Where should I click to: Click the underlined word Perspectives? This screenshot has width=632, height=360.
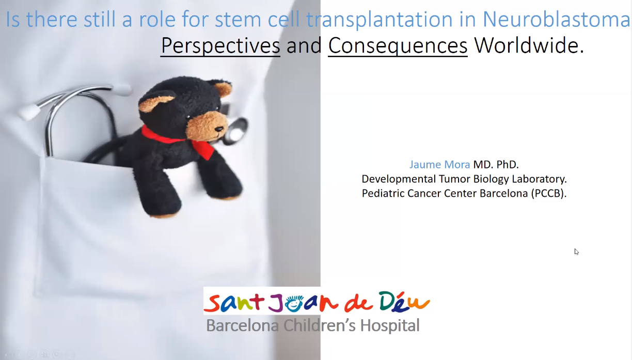pyautogui.click(x=220, y=45)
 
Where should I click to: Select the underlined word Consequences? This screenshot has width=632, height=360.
pyautogui.click(x=398, y=45)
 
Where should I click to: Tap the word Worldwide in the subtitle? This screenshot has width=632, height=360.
pyautogui.click(x=526, y=45)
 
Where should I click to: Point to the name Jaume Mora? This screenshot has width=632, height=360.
pyautogui.click(x=439, y=164)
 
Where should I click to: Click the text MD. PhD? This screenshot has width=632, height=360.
pyautogui.click(x=496, y=164)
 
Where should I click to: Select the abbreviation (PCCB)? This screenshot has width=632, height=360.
pyautogui.click(x=549, y=193)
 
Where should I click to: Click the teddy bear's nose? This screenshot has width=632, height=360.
pyautogui.click(x=219, y=130)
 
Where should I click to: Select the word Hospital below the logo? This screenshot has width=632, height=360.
pyautogui.click(x=390, y=325)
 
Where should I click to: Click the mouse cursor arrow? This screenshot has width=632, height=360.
pyautogui.click(x=576, y=252)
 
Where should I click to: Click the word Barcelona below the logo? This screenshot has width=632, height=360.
pyautogui.click(x=242, y=325)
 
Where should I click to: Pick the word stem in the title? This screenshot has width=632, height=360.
pyautogui.click(x=238, y=20)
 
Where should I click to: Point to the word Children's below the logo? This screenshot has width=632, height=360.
pyautogui.click(x=320, y=325)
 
